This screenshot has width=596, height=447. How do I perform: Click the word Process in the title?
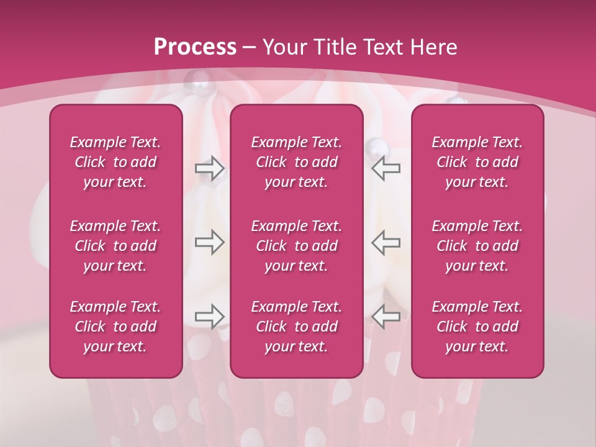195,47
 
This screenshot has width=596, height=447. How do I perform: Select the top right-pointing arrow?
209,168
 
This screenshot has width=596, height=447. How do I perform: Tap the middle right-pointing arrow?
209,242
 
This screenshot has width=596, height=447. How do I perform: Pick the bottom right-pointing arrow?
209,316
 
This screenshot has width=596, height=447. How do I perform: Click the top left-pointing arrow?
386,168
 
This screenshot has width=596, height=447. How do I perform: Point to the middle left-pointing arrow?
386,242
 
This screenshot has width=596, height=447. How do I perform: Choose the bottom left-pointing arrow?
386,316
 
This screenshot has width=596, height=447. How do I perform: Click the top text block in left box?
115,162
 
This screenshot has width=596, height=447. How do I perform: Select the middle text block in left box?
115,246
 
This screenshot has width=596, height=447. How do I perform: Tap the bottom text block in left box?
115,327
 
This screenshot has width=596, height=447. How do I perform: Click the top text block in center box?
296,162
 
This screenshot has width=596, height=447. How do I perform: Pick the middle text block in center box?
296,246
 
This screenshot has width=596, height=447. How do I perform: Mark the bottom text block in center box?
296,327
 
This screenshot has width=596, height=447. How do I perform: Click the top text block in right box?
477,162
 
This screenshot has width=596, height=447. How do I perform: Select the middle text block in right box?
477,246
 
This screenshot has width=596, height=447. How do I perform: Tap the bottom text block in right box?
477,327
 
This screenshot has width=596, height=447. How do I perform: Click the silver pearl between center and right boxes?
377,148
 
